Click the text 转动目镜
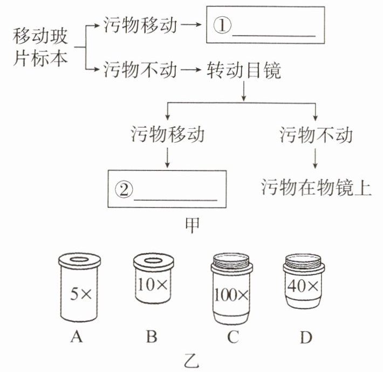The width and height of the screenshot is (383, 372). tap(244, 70)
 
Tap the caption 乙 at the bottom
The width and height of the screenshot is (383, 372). tap(191, 359)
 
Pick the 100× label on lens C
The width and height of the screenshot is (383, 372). tap(231, 295)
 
